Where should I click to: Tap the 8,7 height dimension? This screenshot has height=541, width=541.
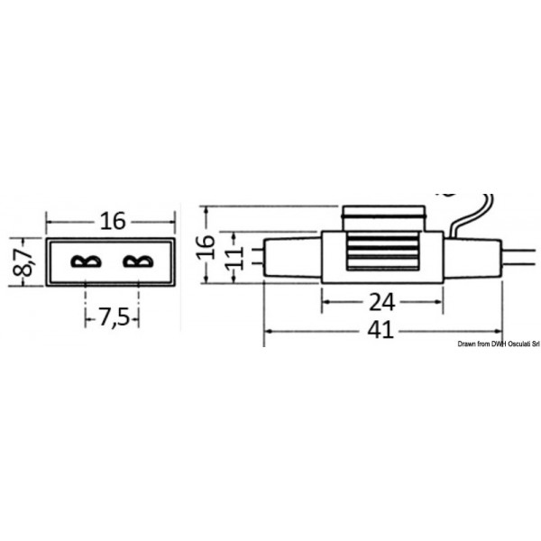(26, 261)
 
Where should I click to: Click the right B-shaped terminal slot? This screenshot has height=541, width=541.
(137, 262)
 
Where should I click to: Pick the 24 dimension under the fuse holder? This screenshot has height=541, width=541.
(382, 301)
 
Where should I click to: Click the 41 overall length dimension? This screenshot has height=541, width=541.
(381, 330)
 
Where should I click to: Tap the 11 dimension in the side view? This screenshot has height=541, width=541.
(232, 256)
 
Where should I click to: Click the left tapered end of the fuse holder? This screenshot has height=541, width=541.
(293, 256)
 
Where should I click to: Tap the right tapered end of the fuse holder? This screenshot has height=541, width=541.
(471, 256)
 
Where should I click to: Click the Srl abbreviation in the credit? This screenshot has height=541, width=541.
(533, 344)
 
